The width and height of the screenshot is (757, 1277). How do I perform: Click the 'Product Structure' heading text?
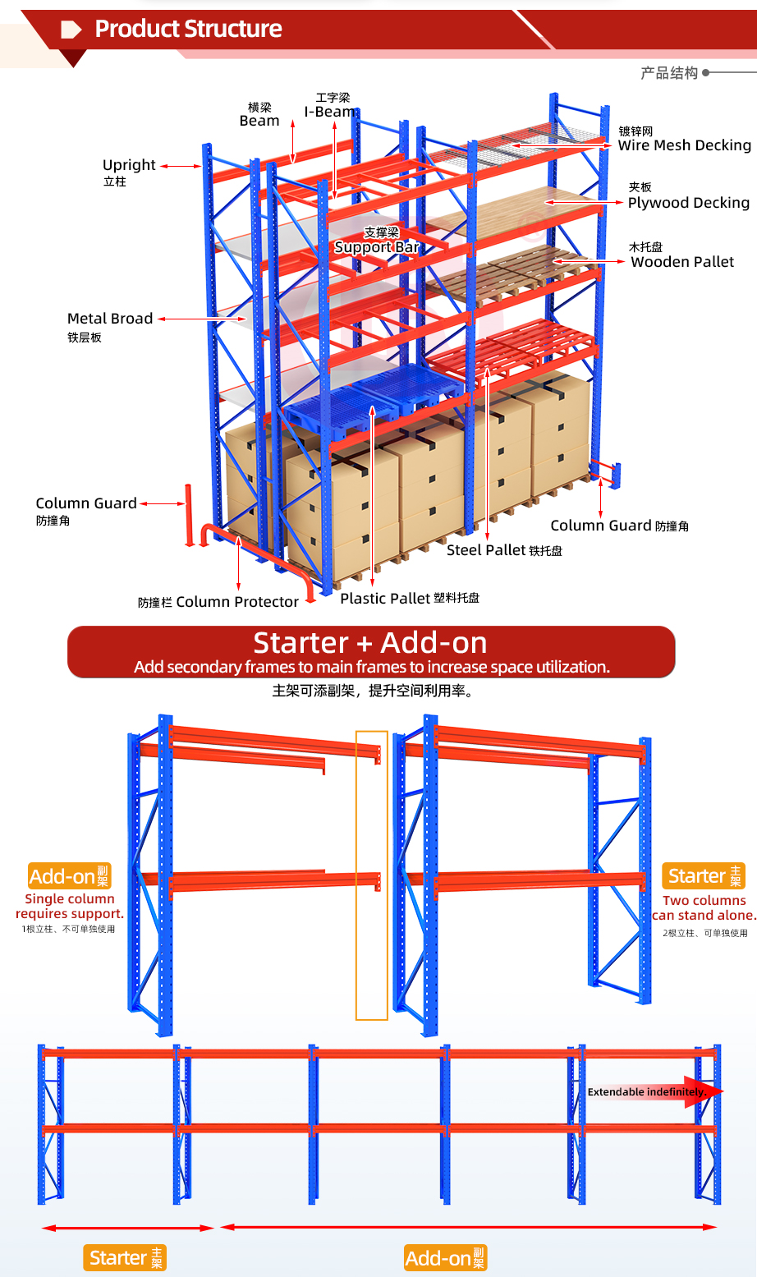(188, 29)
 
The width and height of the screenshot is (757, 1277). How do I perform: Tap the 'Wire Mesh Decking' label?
(685, 145)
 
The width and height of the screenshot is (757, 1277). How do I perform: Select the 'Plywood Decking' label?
(689, 203)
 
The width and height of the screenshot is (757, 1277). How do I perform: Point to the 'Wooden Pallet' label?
(682, 262)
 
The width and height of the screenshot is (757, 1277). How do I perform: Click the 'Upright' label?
(129, 165)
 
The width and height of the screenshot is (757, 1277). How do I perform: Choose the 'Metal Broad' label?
(110, 318)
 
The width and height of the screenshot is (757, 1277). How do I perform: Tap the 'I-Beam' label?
(330, 112)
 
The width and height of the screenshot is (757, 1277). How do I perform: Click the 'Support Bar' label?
(377, 247)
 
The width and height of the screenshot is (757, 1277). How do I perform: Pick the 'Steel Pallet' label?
(486, 550)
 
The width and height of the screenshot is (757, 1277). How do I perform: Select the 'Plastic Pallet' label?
(385, 598)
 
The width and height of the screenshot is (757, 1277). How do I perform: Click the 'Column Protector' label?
(237, 602)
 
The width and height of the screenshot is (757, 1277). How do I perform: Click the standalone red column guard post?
(188, 516)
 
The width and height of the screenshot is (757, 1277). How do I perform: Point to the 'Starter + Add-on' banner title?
(370, 642)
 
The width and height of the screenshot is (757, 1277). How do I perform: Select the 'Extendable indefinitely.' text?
(647, 1091)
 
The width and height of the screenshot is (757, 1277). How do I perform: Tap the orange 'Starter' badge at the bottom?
(125, 1257)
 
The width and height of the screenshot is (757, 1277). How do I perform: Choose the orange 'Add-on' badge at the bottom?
(446, 1257)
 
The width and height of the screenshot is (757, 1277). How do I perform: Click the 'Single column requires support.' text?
(70, 907)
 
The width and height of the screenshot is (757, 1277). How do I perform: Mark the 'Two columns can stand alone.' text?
(704, 908)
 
